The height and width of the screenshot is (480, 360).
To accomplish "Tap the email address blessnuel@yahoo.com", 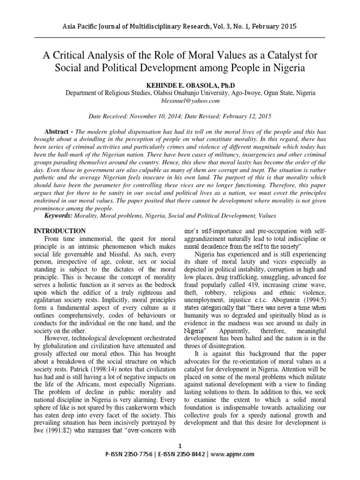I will tap(180, 101).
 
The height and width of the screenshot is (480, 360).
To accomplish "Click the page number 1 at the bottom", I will tap(180, 445).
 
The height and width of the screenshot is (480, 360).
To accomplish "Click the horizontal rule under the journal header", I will tap(180, 37).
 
